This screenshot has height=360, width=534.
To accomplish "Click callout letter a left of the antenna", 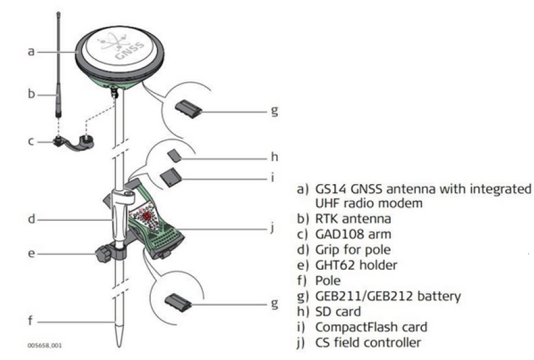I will pyautogui.click(x=31, y=51).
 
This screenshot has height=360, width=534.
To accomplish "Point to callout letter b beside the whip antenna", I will pyautogui.click(x=31, y=95).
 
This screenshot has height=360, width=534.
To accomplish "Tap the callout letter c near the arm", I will pyautogui.click(x=31, y=141).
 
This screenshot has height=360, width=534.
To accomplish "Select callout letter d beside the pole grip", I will pyautogui.click(x=31, y=220).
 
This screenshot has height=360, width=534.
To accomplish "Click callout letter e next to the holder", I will pyautogui.click(x=31, y=254).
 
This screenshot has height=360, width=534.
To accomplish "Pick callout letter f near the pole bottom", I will pyautogui.click(x=31, y=321).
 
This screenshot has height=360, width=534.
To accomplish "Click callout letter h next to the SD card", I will pyautogui.click(x=273, y=158).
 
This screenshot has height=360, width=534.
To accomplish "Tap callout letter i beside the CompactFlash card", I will pyautogui.click(x=273, y=177).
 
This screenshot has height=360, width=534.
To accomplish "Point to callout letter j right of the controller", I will pyautogui.click(x=273, y=227).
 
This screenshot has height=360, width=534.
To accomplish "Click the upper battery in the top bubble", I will pyautogui.click(x=188, y=110).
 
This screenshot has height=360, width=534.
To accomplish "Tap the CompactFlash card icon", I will pyautogui.click(x=171, y=178).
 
